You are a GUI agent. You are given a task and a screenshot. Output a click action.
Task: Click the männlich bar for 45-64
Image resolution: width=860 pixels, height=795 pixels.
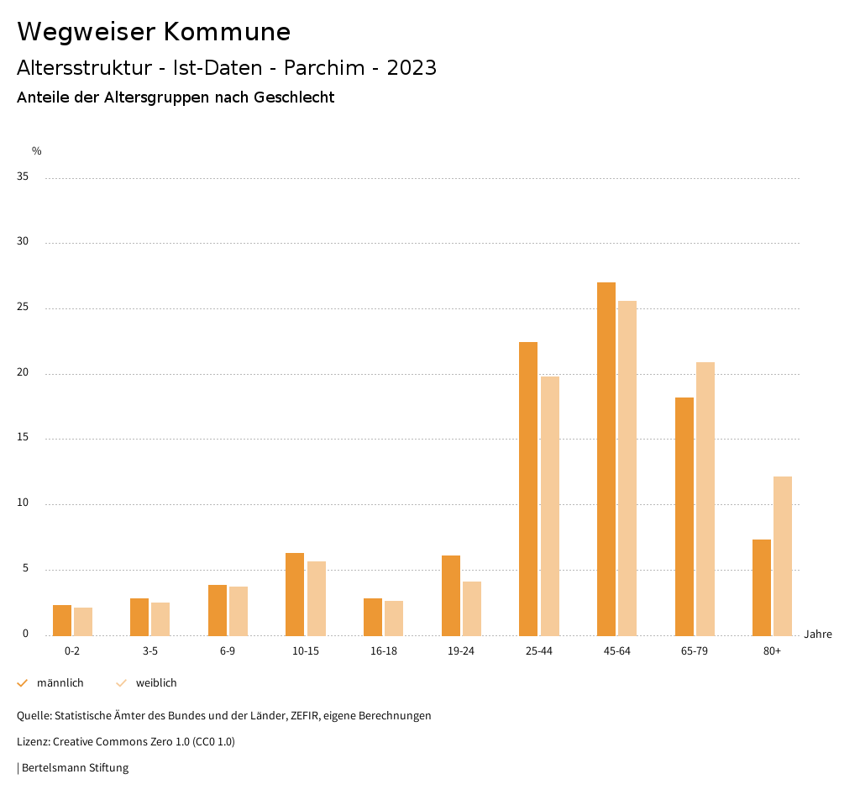606,459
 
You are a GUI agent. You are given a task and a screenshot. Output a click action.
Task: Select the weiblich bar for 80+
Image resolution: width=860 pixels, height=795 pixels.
783,556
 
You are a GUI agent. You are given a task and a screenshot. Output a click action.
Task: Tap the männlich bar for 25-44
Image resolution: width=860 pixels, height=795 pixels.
528,489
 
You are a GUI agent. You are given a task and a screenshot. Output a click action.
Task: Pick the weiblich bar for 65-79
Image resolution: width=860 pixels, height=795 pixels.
705,499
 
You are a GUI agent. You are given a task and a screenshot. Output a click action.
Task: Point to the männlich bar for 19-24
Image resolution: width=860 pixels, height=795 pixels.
451,596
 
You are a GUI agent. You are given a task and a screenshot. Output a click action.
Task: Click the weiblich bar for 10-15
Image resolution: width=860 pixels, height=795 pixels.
317,598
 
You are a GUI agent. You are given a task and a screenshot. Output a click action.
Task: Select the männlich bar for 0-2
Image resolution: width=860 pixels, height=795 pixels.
62,620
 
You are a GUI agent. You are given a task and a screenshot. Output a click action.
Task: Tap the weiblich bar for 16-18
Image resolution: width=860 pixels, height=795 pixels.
394,619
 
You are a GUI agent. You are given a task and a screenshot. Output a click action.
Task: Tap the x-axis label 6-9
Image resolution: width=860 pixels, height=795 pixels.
228,651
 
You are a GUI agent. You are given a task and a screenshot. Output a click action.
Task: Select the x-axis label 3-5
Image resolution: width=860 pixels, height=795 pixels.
150,651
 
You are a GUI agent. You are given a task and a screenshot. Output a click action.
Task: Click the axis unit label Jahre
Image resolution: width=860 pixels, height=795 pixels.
818,634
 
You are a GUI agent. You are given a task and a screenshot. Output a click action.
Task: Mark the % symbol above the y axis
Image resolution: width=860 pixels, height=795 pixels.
37,151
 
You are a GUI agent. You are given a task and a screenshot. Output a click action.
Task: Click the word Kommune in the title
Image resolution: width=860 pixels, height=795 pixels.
227,32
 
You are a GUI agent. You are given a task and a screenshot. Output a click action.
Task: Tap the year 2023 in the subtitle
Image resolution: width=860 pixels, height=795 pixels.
412,68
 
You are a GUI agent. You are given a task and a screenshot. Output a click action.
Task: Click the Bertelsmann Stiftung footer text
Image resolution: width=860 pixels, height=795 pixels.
75,767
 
